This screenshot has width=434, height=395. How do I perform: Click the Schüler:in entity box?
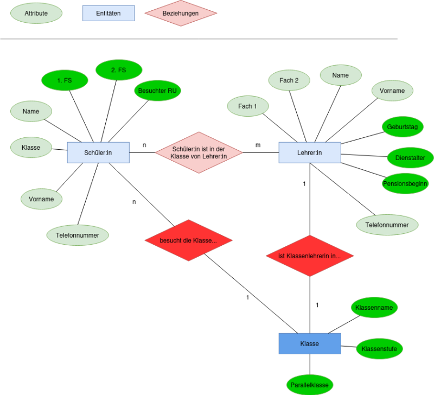(98, 152)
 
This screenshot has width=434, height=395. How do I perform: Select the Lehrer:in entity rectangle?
(310, 152)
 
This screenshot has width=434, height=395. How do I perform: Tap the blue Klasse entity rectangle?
(310, 343)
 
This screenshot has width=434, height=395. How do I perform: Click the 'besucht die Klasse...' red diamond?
(188, 240)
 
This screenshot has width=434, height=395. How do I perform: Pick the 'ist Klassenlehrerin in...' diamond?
(310, 256)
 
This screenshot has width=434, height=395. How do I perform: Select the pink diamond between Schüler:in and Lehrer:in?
(199, 152)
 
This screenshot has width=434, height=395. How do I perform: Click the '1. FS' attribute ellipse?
(65, 80)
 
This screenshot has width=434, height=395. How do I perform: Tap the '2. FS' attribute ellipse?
(119, 70)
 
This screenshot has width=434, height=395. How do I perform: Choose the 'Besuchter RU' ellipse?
(157, 91)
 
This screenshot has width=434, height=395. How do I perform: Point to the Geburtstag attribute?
(403, 127)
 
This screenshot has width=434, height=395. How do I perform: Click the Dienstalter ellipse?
(410, 158)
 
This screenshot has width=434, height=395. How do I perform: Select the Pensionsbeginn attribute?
(405, 183)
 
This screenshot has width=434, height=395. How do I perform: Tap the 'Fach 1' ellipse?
(248, 106)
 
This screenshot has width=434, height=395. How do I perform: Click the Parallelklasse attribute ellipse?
(310, 385)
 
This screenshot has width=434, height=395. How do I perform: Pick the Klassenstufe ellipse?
(379, 349)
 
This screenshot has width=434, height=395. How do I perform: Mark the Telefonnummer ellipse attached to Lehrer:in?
(387, 225)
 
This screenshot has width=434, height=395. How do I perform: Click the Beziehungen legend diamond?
(181, 13)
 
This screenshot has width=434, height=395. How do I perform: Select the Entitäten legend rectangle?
(108, 13)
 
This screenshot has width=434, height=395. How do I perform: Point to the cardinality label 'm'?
(258, 145)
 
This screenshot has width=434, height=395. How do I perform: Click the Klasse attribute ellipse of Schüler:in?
(31, 147)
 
